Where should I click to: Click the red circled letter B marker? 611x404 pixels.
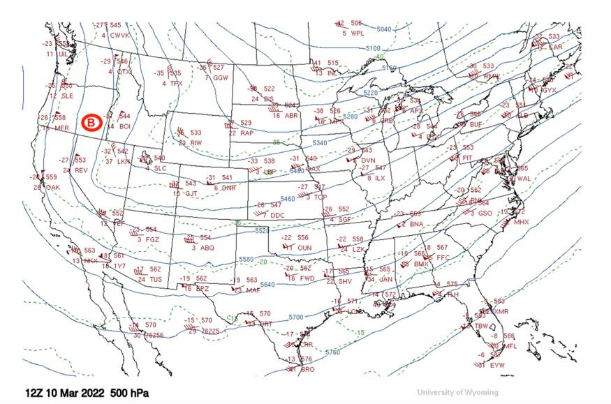(91, 123)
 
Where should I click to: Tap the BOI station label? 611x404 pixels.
(125, 126)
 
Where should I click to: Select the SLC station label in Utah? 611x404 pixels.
(161, 168)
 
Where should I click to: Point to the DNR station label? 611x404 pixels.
(229, 188)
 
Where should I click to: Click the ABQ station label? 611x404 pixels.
(207, 247)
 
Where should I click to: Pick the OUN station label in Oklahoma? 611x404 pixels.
(304, 247)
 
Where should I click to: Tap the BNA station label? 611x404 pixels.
(417, 224)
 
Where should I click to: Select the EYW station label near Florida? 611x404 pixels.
(496, 365)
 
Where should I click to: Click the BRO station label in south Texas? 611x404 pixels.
(308, 369)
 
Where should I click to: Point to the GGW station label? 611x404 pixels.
(221, 77)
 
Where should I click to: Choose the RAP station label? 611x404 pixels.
(246, 133)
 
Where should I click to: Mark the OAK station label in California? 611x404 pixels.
(52, 187)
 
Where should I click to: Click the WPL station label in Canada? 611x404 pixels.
(358, 33)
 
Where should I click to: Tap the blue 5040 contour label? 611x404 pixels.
(383, 29)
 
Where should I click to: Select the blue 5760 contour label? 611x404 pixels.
(332, 352)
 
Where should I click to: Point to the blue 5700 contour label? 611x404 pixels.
(296, 317)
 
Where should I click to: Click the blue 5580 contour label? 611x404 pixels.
(246, 260)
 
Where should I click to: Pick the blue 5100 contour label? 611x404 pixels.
(373, 48)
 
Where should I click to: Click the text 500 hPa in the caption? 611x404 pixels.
(127, 393)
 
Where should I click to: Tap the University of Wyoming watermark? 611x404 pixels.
(457, 392)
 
